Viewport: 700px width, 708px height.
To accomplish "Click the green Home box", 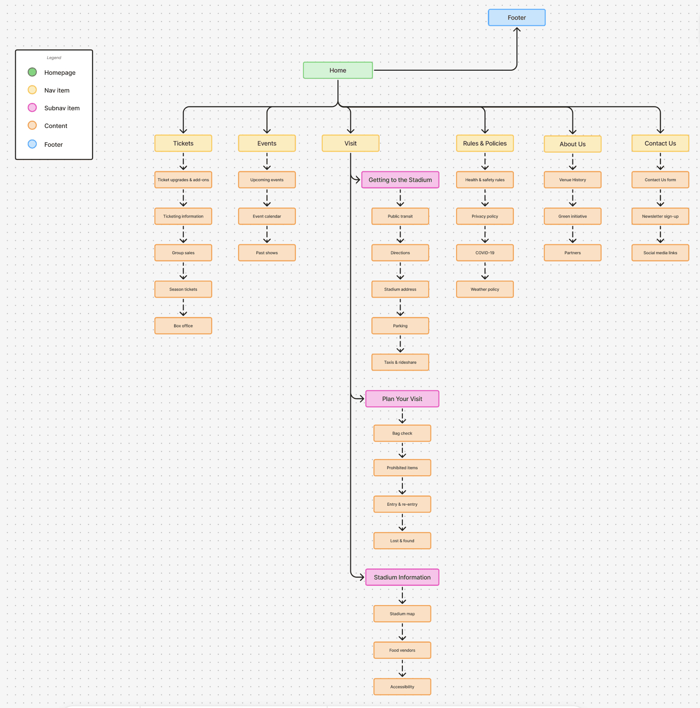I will [x=337, y=70].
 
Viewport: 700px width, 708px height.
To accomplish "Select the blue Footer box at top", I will [x=516, y=17].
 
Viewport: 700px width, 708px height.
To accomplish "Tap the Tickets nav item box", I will [x=183, y=143].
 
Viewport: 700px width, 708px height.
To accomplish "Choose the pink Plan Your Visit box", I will [x=402, y=399].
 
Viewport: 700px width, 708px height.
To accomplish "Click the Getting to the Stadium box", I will [x=400, y=180].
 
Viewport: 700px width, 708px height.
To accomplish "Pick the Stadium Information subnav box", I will [x=402, y=577].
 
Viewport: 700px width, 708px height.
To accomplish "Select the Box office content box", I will [x=183, y=326].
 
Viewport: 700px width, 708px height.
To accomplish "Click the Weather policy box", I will [x=485, y=289].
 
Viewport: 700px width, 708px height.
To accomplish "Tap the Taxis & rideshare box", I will [x=400, y=363].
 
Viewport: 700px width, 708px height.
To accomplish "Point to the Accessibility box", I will [x=402, y=687].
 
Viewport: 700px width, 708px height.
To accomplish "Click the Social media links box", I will [x=660, y=253].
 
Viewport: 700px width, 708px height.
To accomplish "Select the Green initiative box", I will [x=572, y=216].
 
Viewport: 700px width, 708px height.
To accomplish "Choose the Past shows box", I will [x=267, y=253].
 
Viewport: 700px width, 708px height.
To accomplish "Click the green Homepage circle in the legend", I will [x=32, y=72].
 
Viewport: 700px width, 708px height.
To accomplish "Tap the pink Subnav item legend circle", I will [x=32, y=107].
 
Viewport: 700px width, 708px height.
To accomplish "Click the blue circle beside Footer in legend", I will [x=32, y=144].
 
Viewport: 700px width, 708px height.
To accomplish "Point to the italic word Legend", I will [x=54, y=58].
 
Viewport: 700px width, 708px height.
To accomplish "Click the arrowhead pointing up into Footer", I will [x=517, y=30].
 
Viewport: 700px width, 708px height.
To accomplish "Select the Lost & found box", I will [x=402, y=541].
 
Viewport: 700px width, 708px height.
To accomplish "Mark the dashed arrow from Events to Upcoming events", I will [x=267, y=162].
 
